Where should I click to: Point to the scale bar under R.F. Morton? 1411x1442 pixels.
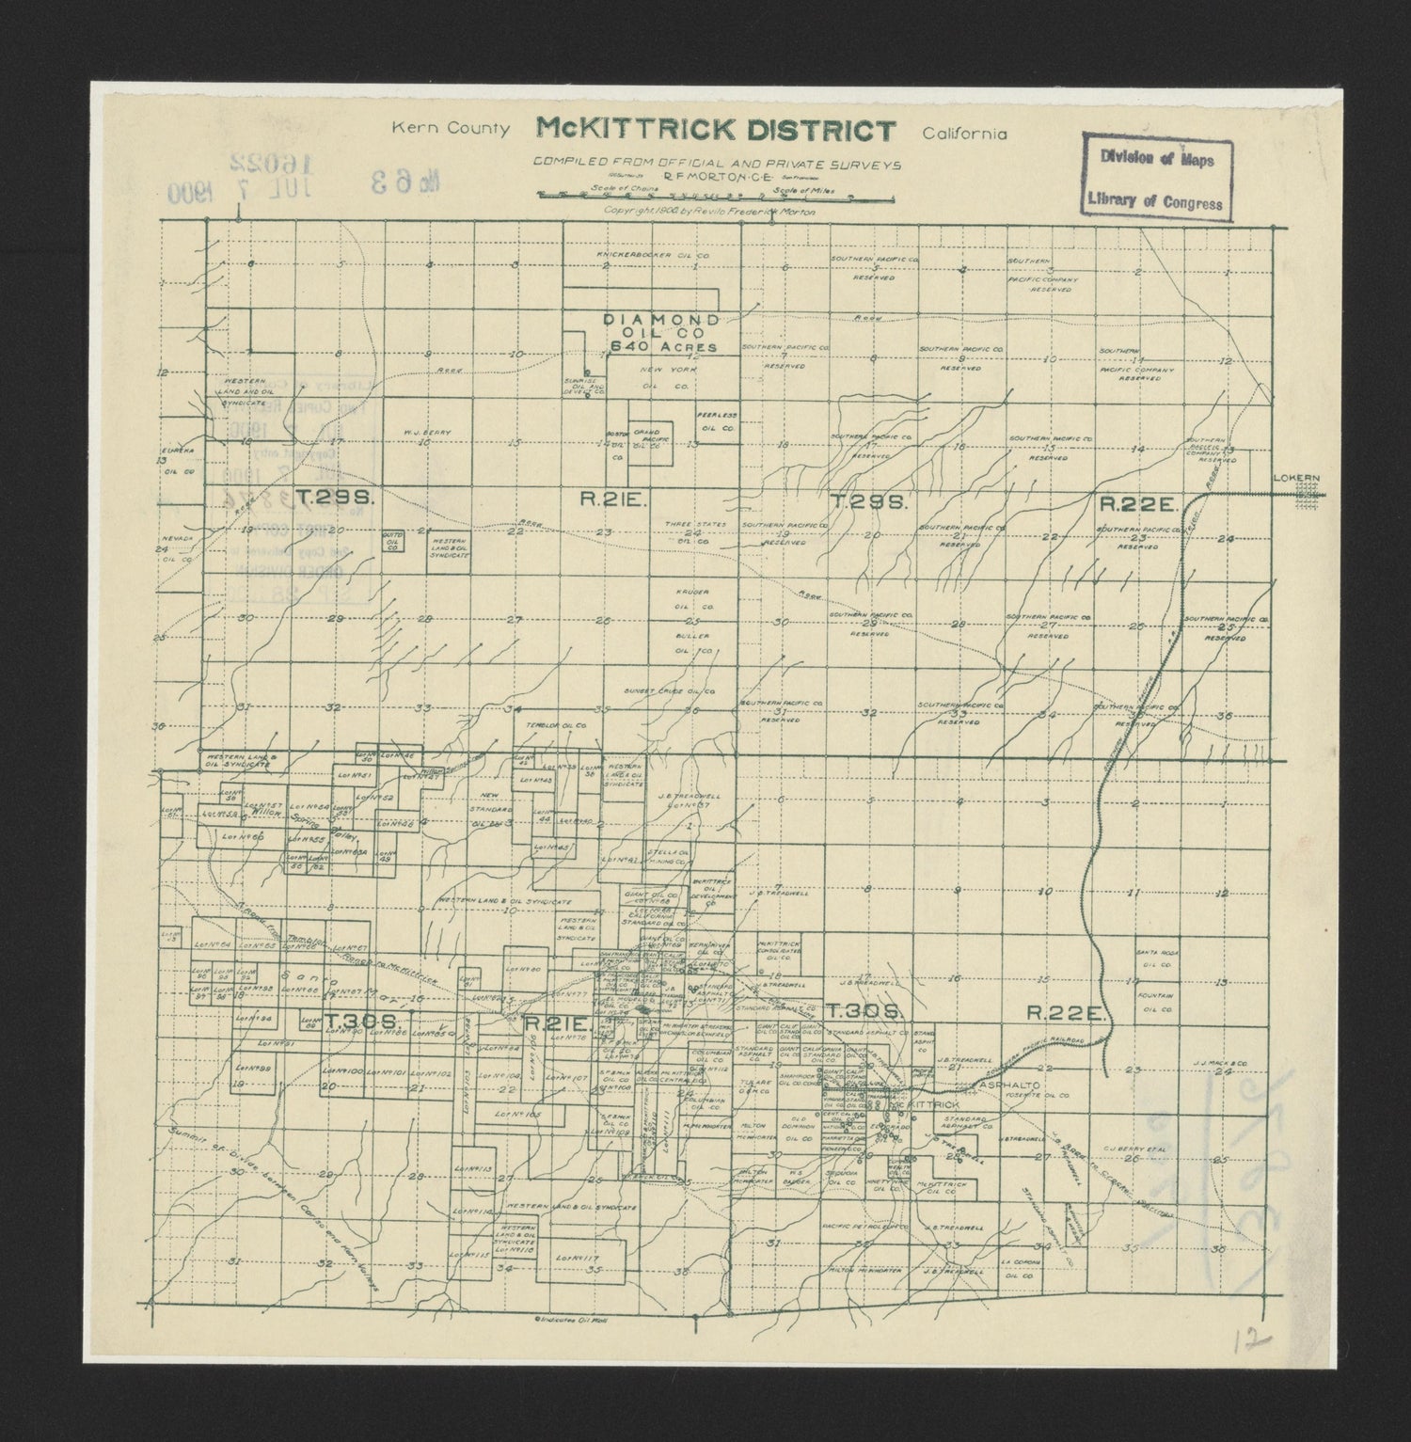click(697, 198)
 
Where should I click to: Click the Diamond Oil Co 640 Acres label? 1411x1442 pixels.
click(663, 333)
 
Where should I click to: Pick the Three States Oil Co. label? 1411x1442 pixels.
click(692, 532)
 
